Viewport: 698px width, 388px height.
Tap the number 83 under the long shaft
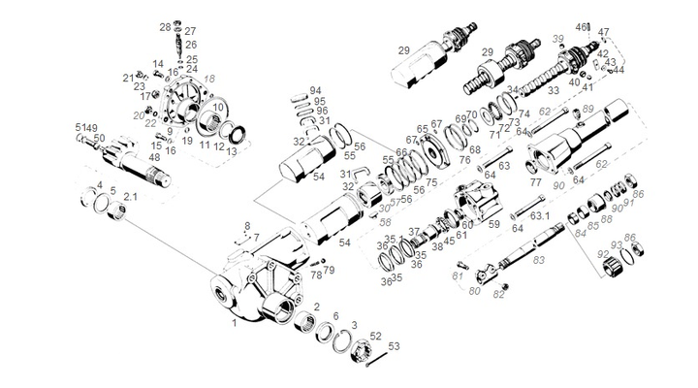[539, 260]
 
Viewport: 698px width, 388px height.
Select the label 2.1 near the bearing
[130, 196]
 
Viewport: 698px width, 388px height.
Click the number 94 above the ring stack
[316, 91]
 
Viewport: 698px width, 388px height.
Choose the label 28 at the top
[165, 27]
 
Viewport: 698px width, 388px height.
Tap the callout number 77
[535, 181]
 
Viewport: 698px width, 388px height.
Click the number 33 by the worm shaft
[554, 90]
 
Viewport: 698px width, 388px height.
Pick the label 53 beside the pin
[393, 345]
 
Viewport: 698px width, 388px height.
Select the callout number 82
[499, 294]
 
